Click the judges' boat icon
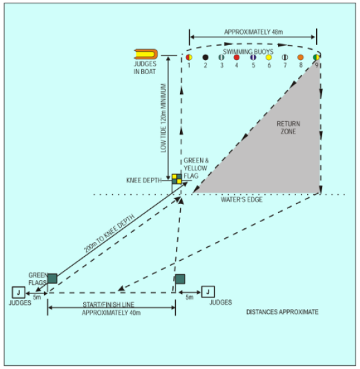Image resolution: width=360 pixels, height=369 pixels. click(x=146, y=54)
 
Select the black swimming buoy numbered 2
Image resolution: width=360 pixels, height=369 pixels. click(x=205, y=57)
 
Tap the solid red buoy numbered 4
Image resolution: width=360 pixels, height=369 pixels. click(x=237, y=57)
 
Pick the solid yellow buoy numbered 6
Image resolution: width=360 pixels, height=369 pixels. click(x=268, y=57)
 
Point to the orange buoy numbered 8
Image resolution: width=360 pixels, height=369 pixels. click(x=301, y=57)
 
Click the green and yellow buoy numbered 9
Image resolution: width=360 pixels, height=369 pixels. click(x=316, y=57)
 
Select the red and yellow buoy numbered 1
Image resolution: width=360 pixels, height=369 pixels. click(x=189, y=57)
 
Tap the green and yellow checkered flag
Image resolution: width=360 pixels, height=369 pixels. click(x=177, y=179)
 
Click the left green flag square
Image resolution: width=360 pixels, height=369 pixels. click(x=52, y=279)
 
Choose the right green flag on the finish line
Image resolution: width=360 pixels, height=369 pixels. click(x=180, y=279)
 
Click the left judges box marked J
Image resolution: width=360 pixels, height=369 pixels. click(x=19, y=292)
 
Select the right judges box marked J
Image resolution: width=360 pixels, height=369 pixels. click(x=208, y=292)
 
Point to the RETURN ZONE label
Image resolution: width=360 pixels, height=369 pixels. click(x=288, y=128)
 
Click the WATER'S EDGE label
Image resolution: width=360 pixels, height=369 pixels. click(x=242, y=200)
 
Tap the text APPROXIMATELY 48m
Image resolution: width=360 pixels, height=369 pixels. click(x=254, y=32)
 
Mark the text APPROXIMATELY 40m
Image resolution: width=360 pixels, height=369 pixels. click(x=112, y=313)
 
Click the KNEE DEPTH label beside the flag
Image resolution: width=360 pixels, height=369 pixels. click(x=144, y=181)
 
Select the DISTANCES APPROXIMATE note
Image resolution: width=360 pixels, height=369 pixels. click(x=283, y=312)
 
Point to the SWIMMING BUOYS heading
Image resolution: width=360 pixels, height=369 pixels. click(x=248, y=52)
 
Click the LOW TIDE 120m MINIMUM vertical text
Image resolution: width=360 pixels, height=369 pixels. click(x=163, y=118)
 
